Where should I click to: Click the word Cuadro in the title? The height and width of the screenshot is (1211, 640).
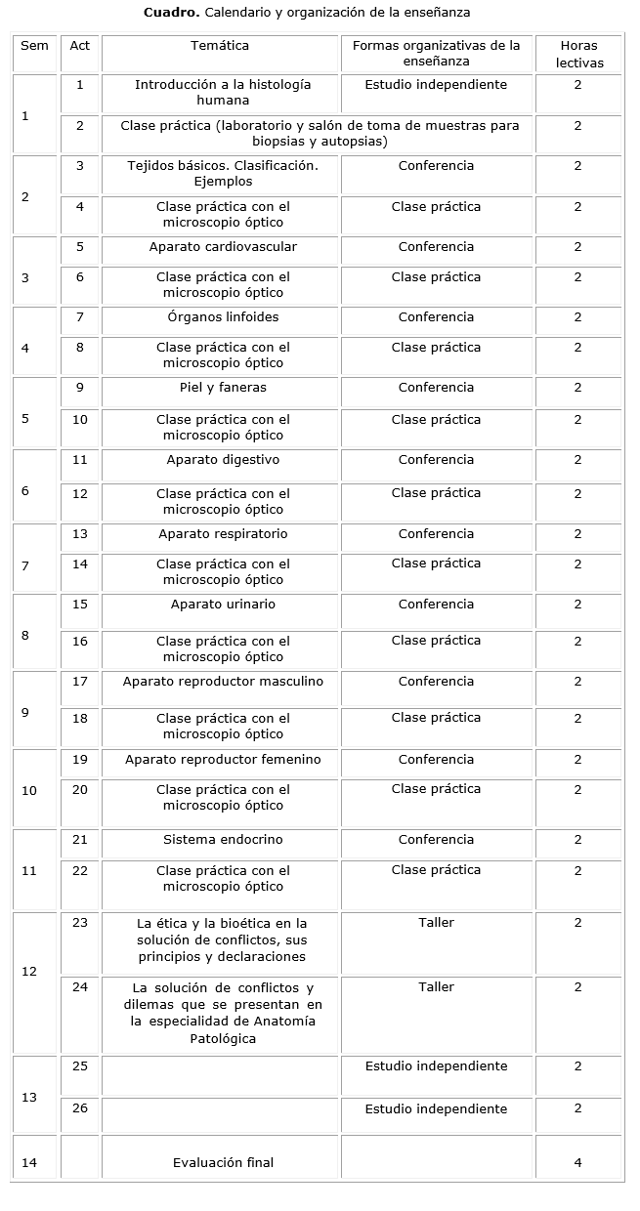point(171,12)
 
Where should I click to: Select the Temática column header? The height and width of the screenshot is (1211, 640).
point(220,45)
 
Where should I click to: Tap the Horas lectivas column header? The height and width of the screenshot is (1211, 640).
point(579,54)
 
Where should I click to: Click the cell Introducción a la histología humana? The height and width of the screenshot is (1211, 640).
point(223,92)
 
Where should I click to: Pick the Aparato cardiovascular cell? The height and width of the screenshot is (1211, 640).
point(223,246)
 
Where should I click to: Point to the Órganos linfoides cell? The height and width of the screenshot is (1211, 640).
point(223,316)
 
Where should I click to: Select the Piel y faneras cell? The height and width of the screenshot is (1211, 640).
point(223,387)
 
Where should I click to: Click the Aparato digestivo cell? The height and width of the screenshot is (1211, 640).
point(223,459)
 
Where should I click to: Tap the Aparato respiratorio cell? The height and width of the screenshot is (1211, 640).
point(223,533)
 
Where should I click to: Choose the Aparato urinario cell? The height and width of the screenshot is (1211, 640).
point(223,604)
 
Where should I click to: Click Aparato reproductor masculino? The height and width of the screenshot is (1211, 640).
point(223,681)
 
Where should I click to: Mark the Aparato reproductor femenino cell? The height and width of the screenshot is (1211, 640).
point(223,759)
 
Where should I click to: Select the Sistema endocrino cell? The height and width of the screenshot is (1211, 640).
point(223,839)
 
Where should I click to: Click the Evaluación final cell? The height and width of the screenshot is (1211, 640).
point(223,1162)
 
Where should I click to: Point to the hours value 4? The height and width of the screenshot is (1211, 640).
point(577,1162)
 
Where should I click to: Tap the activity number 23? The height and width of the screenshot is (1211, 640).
point(80,922)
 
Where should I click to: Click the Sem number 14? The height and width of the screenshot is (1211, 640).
point(29,1162)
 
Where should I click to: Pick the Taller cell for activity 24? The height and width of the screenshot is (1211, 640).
point(436,986)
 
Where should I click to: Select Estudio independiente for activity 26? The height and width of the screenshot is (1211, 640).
point(436,1108)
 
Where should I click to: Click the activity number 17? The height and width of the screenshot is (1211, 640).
point(80,681)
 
